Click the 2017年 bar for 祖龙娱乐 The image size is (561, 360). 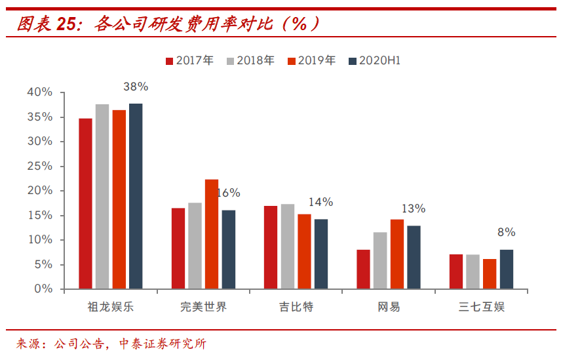point(85,203)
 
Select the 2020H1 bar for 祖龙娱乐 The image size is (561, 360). point(136,196)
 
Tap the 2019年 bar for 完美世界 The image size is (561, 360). point(212,234)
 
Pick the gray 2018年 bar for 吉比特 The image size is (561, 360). point(288,247)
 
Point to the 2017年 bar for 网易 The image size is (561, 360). point(363,269)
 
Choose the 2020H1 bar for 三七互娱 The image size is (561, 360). point(507,269)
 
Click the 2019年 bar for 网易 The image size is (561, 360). point(397,254)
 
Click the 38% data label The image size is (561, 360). point(136,87)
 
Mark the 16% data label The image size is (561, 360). point(228,193)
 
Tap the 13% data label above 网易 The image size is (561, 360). point(414,209)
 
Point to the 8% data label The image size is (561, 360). point(507,232)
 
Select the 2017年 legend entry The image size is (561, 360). point(189,61)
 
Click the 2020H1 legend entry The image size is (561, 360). point(375,61)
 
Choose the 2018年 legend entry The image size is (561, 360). point(250,61)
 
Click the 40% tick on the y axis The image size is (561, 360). point(39,92)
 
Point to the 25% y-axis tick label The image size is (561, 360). point(39,166)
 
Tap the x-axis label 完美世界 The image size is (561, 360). point(203,307)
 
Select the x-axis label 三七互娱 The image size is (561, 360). point(482,307)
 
